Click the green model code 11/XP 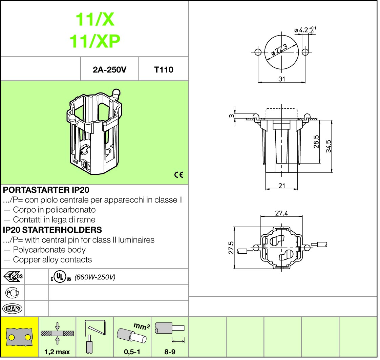point(95,41)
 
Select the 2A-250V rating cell point(109,70)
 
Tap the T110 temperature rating point(164,70)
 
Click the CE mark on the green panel point(178,175)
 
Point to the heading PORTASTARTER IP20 point(46,190)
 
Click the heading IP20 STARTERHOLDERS point(52,230)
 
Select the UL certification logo point(61,277)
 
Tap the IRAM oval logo point(12,309)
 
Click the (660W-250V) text point(95,277)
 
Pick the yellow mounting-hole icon point(19,337)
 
